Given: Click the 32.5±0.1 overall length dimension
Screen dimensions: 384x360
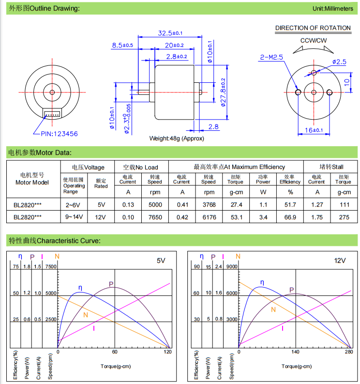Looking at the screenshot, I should click(x=170, y=33).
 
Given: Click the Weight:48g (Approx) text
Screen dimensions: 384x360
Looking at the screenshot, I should click(x=177, y=138).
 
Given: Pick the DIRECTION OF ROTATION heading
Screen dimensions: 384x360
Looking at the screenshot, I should click(x=313, y=28).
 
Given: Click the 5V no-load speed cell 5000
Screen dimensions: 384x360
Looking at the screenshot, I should click(x=155, y=205).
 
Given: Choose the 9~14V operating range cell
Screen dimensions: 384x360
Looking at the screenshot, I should click(x=74, y=217).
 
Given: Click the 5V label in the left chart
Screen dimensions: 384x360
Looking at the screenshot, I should click(x=161, y=261).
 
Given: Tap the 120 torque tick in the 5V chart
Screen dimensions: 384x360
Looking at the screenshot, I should click(x=167, y=353).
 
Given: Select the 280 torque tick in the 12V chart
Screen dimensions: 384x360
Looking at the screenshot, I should click(x=349, y=353).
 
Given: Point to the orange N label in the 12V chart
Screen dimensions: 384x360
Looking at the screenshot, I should click(x=273, y=309).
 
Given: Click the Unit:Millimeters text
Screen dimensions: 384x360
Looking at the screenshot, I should click(x=332, y=9).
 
